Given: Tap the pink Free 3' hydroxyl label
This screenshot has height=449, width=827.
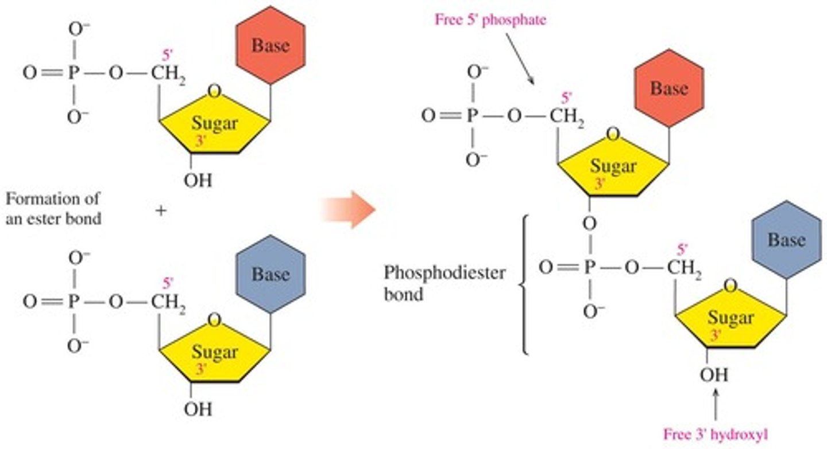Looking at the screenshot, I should click(x=715, y=434).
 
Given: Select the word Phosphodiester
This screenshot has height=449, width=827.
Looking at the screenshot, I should click(x=445, y=272).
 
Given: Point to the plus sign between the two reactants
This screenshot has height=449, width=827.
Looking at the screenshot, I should click(x=161, y=210).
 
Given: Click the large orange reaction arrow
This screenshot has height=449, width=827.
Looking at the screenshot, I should click(x=348, y=209).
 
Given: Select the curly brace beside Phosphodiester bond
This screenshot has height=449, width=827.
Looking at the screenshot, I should click(x=523, y=284).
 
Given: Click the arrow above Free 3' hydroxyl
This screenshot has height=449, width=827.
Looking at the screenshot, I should click(x=715, y=404).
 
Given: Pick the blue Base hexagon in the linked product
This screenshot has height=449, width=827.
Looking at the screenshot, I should click(x=786, y=240).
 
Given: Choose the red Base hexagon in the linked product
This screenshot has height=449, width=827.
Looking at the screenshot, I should click(x=669, y=88).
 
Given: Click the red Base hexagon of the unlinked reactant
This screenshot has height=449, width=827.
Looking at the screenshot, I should click(x=270, y=45).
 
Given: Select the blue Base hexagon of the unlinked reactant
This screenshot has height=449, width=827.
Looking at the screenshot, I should click(x=270, y=274).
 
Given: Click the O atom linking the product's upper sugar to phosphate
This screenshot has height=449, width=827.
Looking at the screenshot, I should click(x=587, y=221).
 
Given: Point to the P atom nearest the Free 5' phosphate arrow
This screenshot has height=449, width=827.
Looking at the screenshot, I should click(x=472, y=117).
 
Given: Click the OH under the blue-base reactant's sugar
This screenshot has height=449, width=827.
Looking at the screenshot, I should click(x=198, y=409).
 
